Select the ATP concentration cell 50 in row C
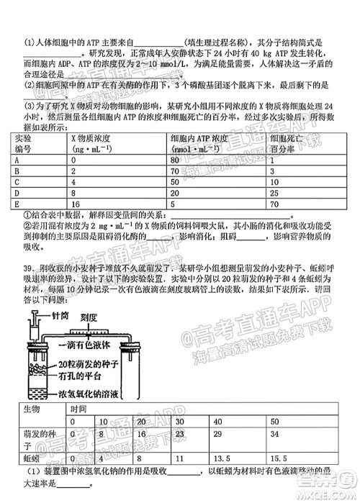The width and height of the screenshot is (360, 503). coord(175,183)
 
